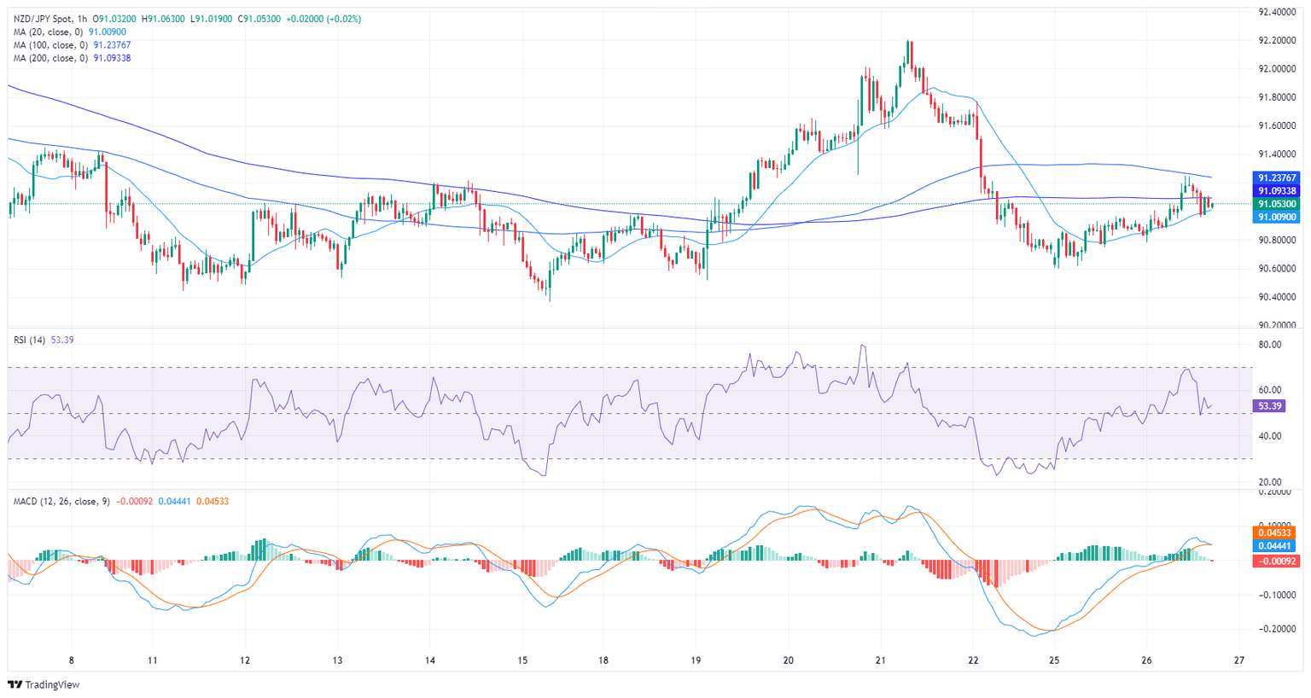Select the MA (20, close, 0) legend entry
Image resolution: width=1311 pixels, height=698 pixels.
[x=50, y=32]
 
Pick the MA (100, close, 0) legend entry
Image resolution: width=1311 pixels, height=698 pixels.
[x=52, y=45]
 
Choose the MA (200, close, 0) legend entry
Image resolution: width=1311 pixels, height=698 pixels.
[x=52, y=58]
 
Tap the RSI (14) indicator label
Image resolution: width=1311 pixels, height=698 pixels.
[x=30, y=340]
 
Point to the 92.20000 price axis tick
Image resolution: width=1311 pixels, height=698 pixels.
[x=1277, y=40]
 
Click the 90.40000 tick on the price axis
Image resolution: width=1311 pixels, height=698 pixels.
[x=1277, y=297]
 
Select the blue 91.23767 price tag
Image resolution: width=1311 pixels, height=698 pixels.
[x=1276, y=177]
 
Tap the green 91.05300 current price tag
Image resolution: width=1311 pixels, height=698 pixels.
[x=1276, y=204]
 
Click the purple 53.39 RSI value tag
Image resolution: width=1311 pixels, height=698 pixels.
[x=1269, y=406]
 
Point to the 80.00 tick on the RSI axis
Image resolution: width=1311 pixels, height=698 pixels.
[x=1270, y=345]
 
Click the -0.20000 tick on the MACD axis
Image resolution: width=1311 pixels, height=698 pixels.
[x=1276, y=629]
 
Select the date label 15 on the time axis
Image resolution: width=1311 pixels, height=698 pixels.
[x=522, y=660]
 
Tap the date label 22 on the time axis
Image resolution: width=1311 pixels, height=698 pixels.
[x=974, y=660]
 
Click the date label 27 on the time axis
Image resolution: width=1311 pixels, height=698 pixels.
[x=1239, y=660]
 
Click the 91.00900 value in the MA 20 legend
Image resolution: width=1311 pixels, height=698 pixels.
[x=108, y=32]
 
